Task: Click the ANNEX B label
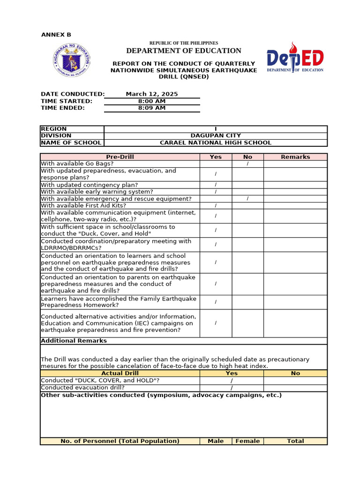[56, 35]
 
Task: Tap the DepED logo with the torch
[295, 58]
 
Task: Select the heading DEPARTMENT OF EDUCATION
[184, 51]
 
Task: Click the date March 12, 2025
[152, 94]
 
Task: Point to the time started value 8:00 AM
[152, 101]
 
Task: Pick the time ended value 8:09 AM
[152, 108]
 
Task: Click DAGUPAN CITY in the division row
[216, 136]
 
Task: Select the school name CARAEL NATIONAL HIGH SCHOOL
[216, 143]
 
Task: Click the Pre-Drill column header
[120, 157]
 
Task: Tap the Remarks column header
[295, 157]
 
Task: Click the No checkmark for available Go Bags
[247, 164]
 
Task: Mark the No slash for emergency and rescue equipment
[247, 199]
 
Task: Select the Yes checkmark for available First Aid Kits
[216, 206]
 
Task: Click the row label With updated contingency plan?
[90, 185]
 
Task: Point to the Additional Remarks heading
[74, 341]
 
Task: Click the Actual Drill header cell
[120, 373]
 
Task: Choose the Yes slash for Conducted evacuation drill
[232, 388]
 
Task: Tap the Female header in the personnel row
[247, 441]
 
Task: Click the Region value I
[216, 129]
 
